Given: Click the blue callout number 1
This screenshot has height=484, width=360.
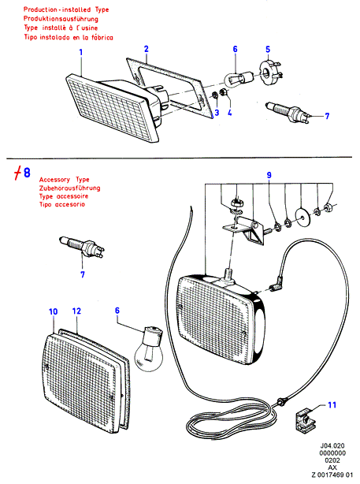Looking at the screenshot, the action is point(81,52).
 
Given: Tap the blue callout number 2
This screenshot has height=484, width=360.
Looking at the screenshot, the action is point(147,49).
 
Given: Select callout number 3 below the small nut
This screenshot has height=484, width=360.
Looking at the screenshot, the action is point(217,113).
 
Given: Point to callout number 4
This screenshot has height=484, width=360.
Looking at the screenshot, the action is point(230,113).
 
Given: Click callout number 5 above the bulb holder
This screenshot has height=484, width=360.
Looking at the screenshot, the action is point(268,50).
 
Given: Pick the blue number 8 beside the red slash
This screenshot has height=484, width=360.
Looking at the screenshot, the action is point(27,173).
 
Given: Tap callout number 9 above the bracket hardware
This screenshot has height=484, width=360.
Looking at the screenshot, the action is point(269,175).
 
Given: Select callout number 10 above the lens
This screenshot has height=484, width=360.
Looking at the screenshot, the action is point(53,311).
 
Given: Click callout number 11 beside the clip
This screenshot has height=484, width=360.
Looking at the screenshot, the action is point(332,404).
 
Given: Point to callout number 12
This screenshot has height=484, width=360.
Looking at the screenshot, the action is point(76,311).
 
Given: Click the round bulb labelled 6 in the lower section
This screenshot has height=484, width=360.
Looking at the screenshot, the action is point(149,348).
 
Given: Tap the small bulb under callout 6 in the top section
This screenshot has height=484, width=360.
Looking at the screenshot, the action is point(239,78).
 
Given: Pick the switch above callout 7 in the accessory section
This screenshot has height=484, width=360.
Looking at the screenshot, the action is point(82,246).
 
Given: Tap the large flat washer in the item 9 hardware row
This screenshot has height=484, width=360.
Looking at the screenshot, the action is point(302,216).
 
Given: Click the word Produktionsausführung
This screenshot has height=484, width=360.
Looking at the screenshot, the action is point(61,19).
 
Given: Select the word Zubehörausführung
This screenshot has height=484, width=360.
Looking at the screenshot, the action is point(70,188).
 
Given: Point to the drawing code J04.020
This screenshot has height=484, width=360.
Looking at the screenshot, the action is point(332,445).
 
